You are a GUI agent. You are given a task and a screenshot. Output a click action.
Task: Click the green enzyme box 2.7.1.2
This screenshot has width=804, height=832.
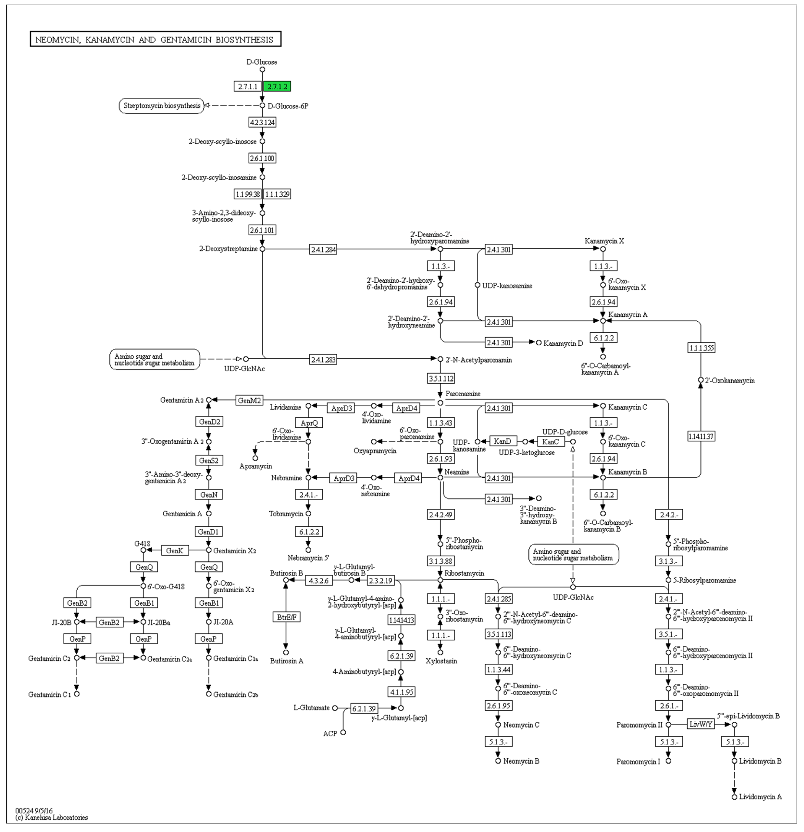[x=277, y=87]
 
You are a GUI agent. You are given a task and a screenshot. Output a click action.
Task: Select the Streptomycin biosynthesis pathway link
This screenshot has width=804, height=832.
[x=162, y=106]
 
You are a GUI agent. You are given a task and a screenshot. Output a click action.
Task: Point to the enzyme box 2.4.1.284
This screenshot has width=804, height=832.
[x=323, y=250]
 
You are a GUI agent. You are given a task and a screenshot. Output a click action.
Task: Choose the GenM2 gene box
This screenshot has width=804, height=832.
[x=249, y=400]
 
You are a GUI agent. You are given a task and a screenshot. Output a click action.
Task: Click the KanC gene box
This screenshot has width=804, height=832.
[x=551, y=442]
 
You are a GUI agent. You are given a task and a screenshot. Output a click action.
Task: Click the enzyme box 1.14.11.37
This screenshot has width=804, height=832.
[x=701, y=436]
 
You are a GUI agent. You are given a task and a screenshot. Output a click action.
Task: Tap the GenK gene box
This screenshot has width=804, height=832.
[x=175, y=551]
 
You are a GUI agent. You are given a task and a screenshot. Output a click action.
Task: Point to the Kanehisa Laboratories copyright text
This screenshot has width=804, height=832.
[x=52, y=817]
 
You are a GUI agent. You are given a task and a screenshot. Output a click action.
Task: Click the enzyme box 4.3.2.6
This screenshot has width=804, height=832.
[x=319, y=580]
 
